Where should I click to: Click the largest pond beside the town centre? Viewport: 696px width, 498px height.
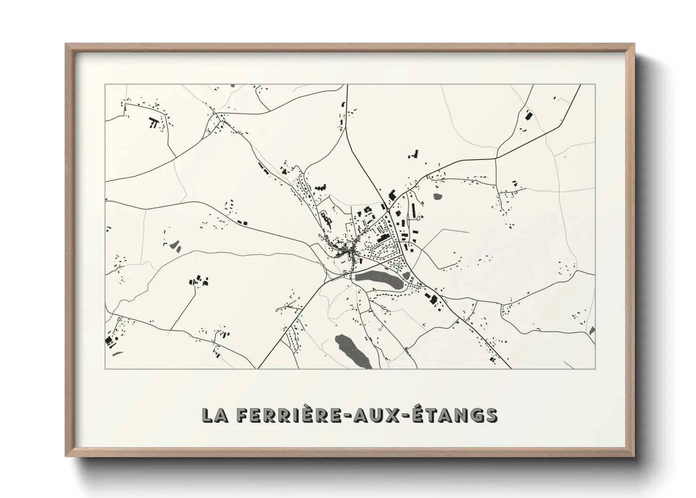[379, 281]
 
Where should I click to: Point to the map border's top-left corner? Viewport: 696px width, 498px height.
[105, 85]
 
